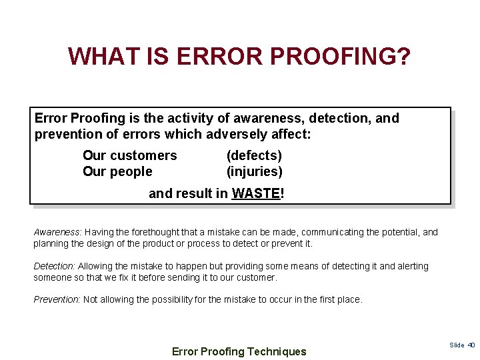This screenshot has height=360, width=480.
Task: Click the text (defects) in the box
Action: pyautogui.click(x=254, y=155)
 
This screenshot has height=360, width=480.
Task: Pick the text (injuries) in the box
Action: pyautogui.click(x=254, y=171)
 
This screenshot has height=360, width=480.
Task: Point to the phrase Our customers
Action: pyautogui.click(x=129, y=155)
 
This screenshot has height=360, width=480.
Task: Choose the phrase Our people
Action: pyautogui.click(x=117, y=171)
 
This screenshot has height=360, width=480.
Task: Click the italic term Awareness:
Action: pyautogui.click(x=57, y=232)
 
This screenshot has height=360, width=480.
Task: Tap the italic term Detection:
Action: pyautogui.click(x=54, y=266)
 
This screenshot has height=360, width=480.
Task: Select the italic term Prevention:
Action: pyautogui.click(x=57, y=299)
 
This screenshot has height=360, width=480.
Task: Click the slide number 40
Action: pyautogui.click(x=471, y=345)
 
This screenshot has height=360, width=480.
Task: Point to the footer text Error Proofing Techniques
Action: pyautogui.click(x=239, y=351)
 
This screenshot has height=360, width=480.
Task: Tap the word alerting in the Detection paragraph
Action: pyautogui.click(x=412, y=266)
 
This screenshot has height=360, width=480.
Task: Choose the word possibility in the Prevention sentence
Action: pyautogui.click(x=173, y=299)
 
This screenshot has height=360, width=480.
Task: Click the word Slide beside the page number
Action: pyautogui.click(x=457, y=345)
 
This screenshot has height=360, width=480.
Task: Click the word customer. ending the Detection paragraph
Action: pyautogui.click(x=257, y=277)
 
